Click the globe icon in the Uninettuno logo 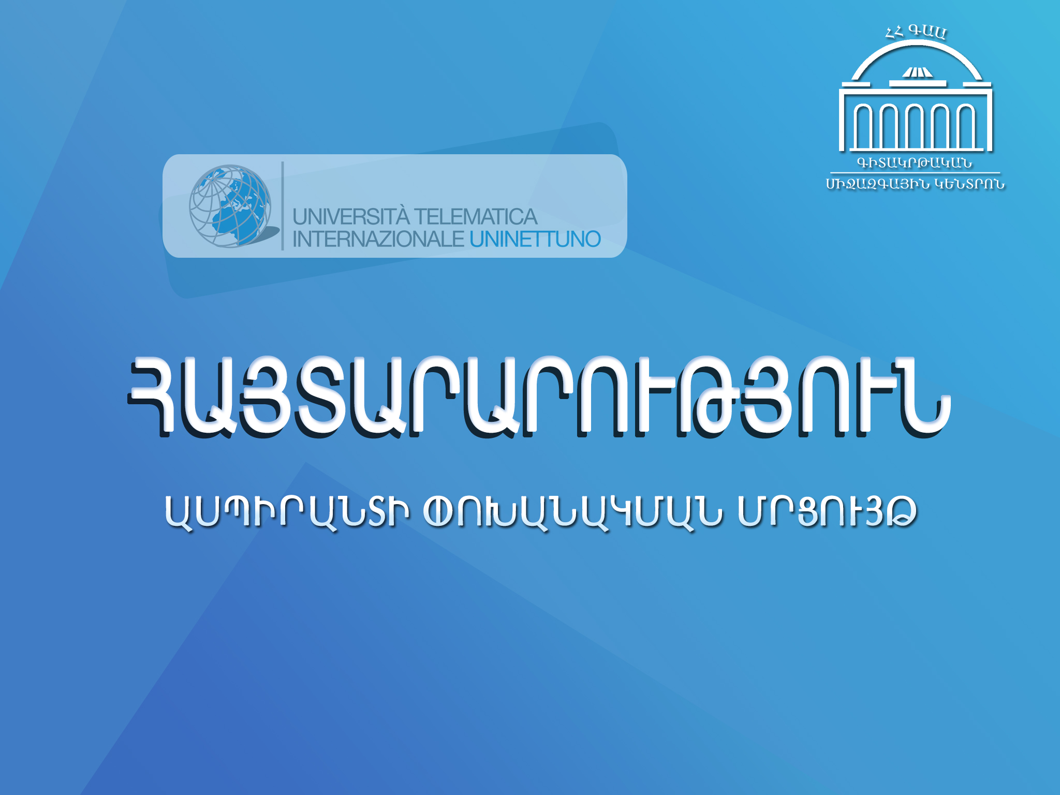point(230,206)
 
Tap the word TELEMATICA point(476,217)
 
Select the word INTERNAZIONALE point(378,239)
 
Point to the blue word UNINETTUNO point(535,239)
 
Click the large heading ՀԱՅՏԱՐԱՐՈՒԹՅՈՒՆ point(539,397)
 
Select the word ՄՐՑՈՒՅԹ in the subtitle point(827,512)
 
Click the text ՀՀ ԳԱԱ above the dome point(916,33)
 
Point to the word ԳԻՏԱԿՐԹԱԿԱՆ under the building point(915,163)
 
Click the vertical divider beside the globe point(283,206)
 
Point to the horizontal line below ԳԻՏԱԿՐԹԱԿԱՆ point(915,173)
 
